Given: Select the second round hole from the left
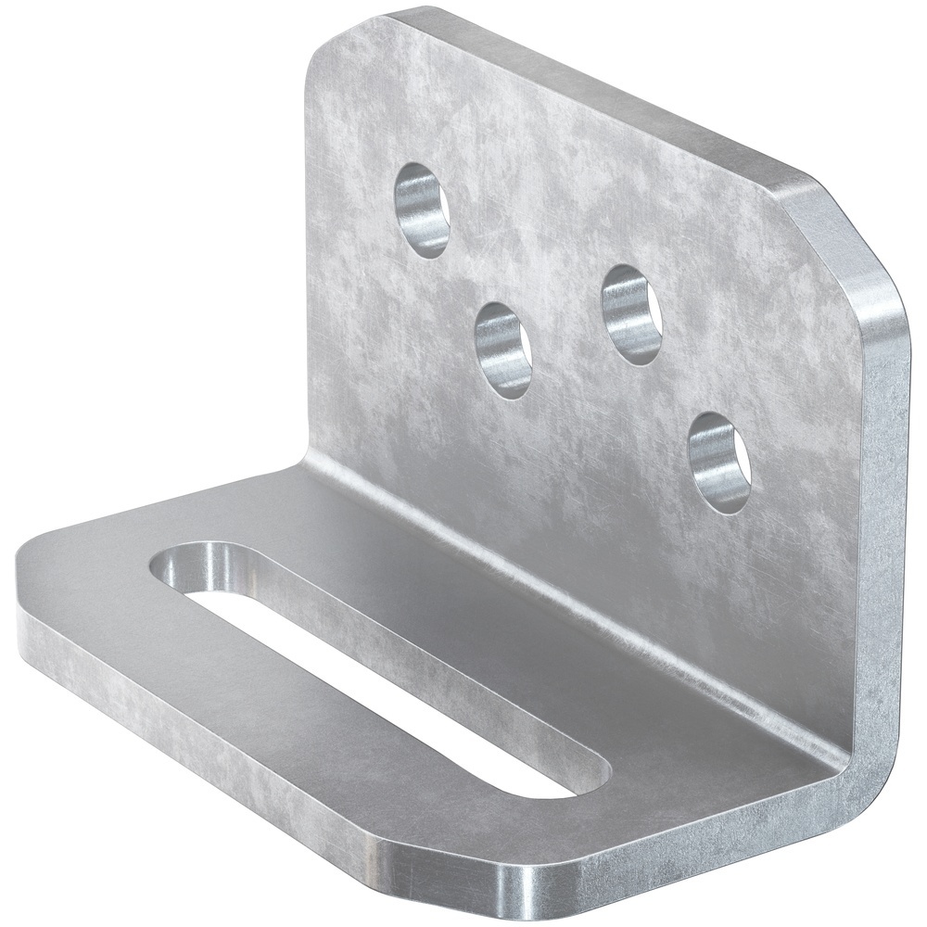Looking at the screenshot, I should (502, 349).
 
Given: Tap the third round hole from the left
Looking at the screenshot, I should (631, 313).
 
